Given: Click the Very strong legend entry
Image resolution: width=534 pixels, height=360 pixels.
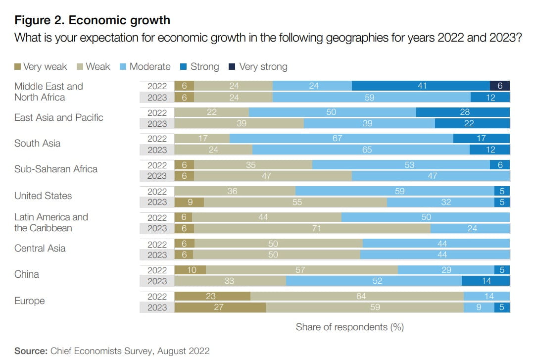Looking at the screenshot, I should [x=263, y=66].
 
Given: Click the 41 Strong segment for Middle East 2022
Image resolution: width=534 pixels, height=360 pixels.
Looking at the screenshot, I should [x=421, y=86].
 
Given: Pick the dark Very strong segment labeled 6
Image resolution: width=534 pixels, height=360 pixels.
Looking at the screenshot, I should [x=500, y=86].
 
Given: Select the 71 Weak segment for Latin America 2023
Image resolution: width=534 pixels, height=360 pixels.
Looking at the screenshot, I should [x=312, y=228].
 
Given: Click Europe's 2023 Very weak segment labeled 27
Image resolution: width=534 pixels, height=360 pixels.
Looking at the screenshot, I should [x=220, y=307].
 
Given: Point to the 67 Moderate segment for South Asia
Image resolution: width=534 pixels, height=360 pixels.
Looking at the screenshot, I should [x=341, y=139].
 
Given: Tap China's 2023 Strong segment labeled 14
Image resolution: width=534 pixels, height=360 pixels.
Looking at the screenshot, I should [x=485, y=281].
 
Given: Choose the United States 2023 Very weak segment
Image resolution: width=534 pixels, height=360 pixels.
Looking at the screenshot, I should [x=190, y=202].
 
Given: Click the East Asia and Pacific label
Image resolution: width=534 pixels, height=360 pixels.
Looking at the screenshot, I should [x=58, y=117].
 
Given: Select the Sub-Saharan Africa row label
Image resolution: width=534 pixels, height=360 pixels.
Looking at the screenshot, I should [x=56, y=169].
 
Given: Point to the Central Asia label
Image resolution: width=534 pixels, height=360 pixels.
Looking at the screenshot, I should [x=40, y=248].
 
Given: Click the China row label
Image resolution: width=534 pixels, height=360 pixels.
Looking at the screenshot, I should [x=27, y=274].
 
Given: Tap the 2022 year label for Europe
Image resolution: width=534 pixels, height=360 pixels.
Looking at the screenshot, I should [x=157, y=296].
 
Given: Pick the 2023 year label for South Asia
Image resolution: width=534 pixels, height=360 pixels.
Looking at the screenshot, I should [x=157, y=150].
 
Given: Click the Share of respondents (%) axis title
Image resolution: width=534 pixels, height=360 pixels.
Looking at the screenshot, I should [x=349, y=327].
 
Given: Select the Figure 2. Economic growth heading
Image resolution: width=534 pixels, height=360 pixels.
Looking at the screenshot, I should [x=92, y=20].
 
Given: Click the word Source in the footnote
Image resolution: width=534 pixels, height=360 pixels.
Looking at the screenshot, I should [x=31, y=351].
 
